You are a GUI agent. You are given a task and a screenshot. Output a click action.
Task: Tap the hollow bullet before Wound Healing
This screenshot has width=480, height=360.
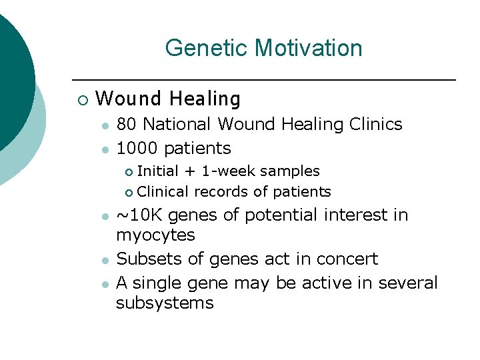coord(81,101)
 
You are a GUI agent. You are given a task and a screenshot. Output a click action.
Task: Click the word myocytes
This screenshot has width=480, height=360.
coord(155,235)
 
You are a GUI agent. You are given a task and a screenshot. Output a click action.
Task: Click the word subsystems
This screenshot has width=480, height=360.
coord(164,303)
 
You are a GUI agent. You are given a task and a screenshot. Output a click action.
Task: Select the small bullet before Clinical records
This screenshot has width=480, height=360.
coord(129,193)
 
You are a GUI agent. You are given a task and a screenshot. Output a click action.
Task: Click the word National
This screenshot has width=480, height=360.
coord(177,125)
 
